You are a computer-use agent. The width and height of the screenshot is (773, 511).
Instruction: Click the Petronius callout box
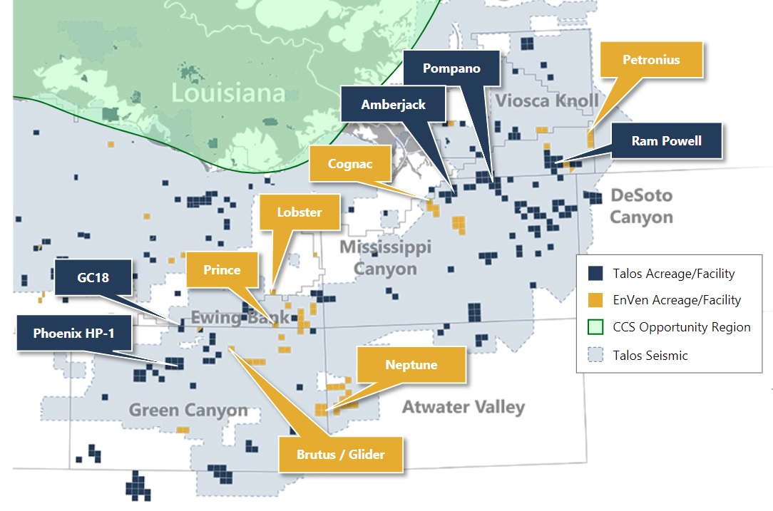click(x=651, y=60)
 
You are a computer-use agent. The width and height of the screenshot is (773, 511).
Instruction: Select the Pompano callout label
click(x=451, y=69)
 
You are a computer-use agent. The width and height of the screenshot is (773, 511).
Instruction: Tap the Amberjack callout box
click(x=393, y=105)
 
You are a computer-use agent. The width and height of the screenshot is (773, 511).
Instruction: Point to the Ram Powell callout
click(x=666, y=141)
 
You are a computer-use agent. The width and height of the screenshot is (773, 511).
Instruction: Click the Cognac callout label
click(x=350, y=164)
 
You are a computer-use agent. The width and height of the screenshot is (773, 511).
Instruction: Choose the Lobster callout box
click(x=299, y=212)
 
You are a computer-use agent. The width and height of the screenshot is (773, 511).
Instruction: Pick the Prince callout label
click(x=222, y=270)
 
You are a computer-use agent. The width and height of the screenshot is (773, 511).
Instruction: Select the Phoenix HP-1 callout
click(x=73, y=333)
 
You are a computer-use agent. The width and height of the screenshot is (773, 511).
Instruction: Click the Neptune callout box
click(x=411, y=365)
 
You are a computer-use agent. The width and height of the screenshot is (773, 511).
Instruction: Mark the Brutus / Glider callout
click(x=340, y=454)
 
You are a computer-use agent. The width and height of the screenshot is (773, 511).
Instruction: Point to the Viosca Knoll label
click(x=547, y=100)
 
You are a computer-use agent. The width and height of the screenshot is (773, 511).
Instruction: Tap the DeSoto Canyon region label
click(x=641, y=206)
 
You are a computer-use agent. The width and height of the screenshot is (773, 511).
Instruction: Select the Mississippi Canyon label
click(x=386, y=257)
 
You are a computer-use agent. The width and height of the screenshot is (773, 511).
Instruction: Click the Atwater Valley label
click(x=463, y=407)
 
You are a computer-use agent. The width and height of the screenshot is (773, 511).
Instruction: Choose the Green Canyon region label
click(x=188, y=410)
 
